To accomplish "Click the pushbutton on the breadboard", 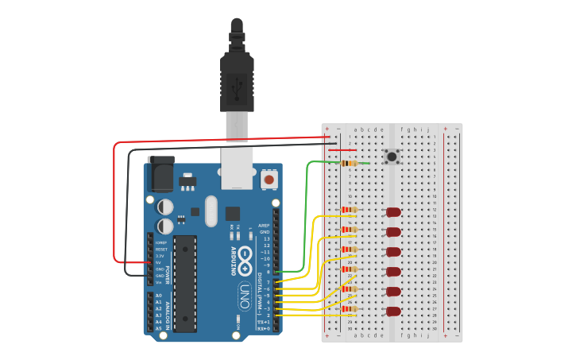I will [x=392, y=157].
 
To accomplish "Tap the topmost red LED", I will [x=393, y=212].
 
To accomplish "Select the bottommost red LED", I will [x=393, y=312].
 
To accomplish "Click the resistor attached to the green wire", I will [x=349, y=163].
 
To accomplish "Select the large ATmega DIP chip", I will [x=185, y=283].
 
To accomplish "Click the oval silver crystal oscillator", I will [x=211, y=211].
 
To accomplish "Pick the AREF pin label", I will [x=265, y=225].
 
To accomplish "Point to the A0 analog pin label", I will [x=158, y=296].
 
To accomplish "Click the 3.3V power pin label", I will [x=160, y=256].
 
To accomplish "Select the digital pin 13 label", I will [x=266, y=238].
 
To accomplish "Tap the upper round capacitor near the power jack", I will [x=165, y=207].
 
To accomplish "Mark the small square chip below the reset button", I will [x=233, y=213].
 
